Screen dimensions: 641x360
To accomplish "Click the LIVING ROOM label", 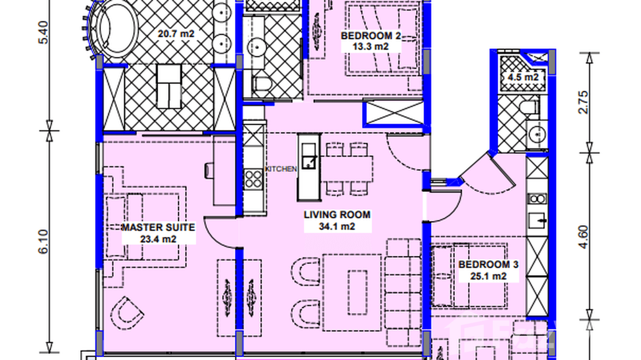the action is pyautogui.click(x=337, y=215).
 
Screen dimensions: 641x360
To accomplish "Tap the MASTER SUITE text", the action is pyautogui.click(x=158, y=228).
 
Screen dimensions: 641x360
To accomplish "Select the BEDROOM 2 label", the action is pyautogui.click(x=371, y=36).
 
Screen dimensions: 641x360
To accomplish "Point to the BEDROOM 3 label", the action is pyautogui.click(x=489, y=265).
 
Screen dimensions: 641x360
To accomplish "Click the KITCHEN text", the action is pyautogui.click(x=281, y=169).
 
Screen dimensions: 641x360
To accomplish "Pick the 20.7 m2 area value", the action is pyautogui.click(x=176, y=34).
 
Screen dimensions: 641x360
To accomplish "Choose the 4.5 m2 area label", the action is pyautogui.click(x=523, y=77).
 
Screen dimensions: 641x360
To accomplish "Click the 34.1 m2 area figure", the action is pyautogui.click(x=337, y=226).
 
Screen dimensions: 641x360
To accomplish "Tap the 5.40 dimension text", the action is pyautogui.click(x=43, y=32).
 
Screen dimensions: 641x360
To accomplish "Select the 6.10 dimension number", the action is pyautogui.click(x=43, y=242).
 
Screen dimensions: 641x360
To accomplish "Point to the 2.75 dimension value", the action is pyautogui.click(x=583, y=102).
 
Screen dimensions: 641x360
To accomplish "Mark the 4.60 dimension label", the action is pyautogui.click(x=583, y=237).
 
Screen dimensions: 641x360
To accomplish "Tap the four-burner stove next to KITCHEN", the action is pyautogui.click(x=254, y=179).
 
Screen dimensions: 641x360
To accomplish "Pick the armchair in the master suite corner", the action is pyautogui.click(x=127, y=313).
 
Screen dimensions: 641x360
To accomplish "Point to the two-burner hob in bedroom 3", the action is pyautogui.click(x=537, y=199).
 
